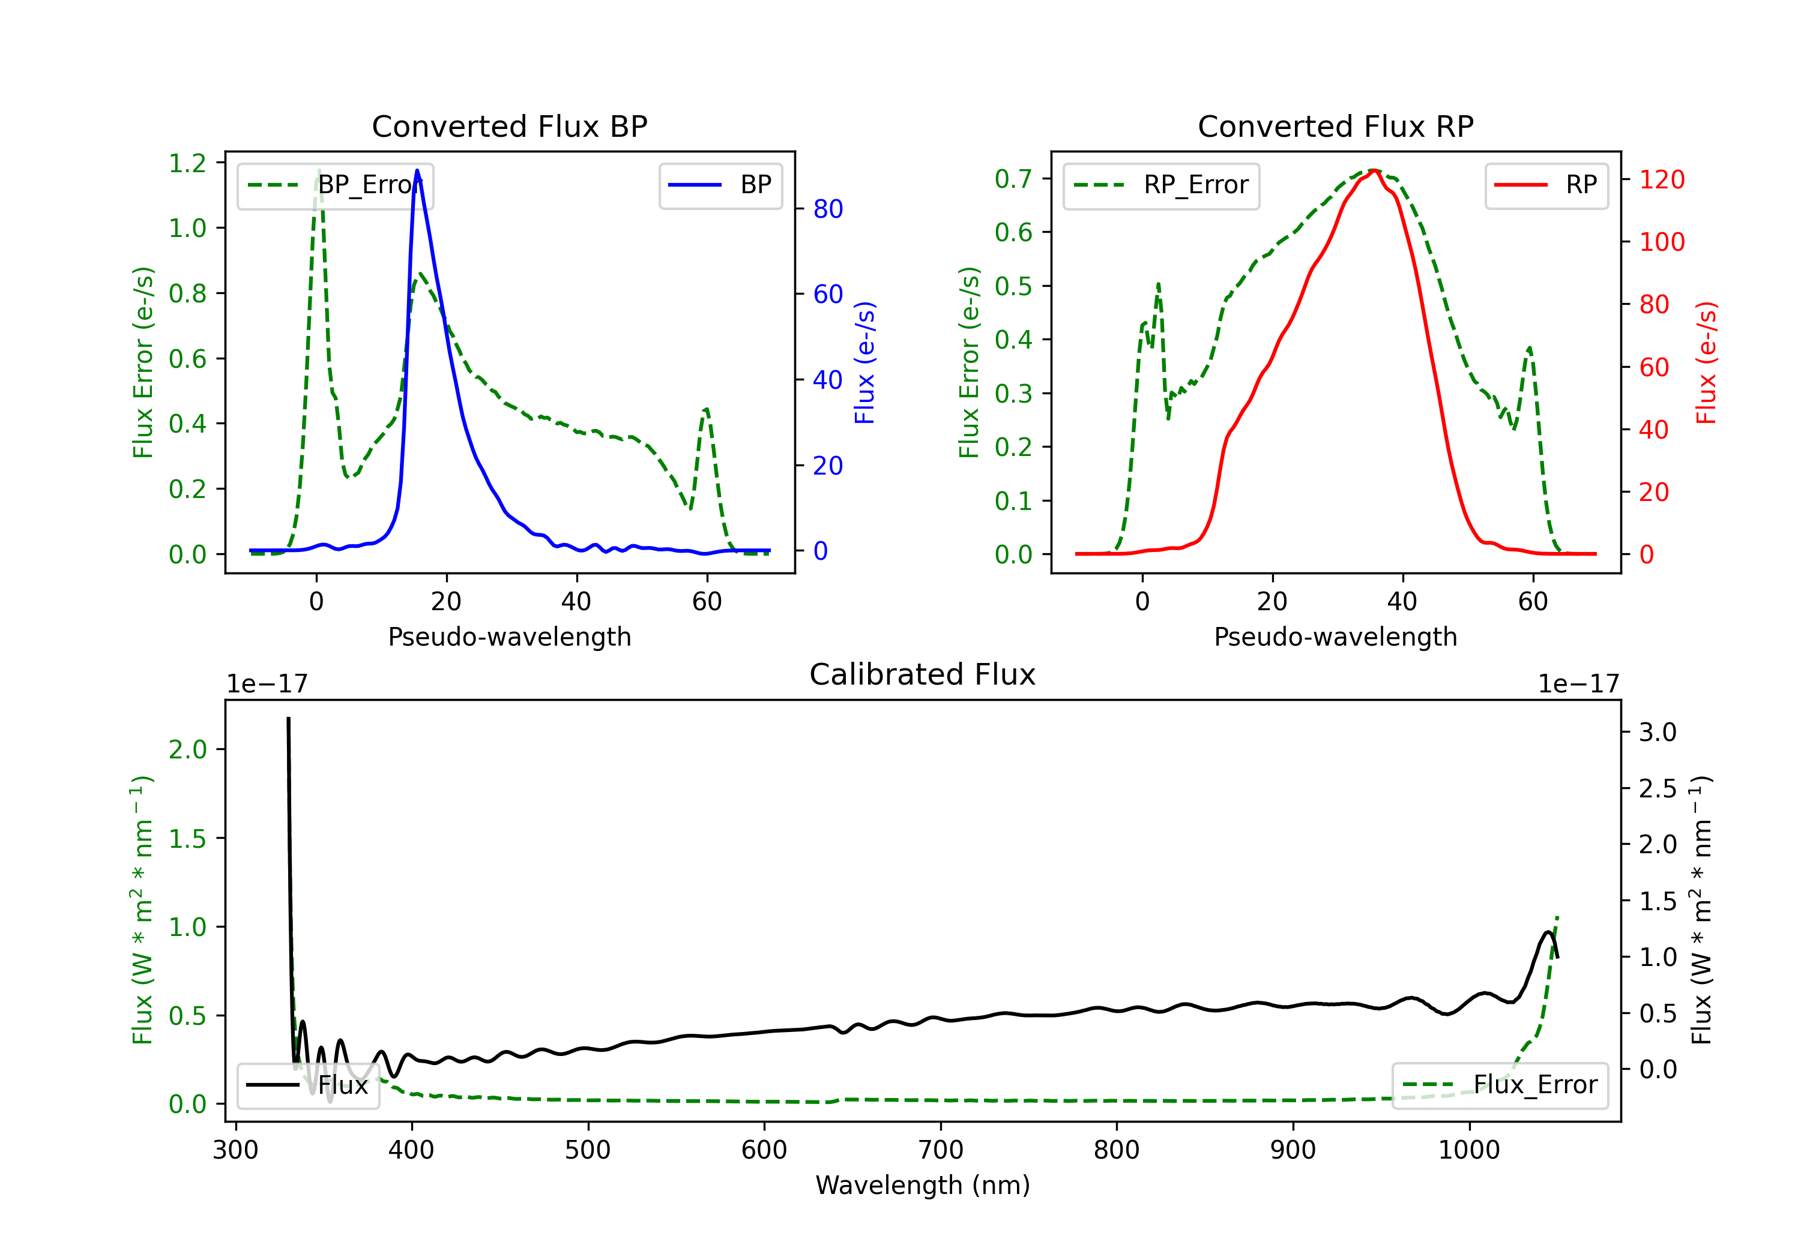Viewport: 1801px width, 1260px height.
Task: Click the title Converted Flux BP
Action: pos(509,126)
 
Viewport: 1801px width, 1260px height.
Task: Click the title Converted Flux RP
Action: pos(1335,126)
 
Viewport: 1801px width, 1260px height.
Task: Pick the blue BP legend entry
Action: pos(720,185)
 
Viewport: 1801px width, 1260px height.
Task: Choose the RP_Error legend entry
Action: pos(1161,185)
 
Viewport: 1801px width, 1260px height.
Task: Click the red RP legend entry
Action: pos(1546,185)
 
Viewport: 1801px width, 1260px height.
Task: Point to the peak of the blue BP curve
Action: pos(417,171)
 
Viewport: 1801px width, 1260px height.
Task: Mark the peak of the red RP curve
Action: pos(1374,170)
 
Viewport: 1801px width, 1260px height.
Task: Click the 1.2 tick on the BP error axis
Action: pos(187,163)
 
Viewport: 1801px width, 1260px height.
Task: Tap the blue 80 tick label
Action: pos(827,209)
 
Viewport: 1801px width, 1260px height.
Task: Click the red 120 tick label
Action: pos(1661,179)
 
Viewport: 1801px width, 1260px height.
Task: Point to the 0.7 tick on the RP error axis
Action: pos(1013,179)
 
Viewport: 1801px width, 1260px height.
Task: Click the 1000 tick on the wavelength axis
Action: pos(1468,1150)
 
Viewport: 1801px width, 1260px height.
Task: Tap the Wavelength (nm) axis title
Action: pos(923,1185)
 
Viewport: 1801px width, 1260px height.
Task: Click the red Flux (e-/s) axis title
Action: pos(1706,362)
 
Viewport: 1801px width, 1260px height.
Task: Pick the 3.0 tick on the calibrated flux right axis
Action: pos(1657,733)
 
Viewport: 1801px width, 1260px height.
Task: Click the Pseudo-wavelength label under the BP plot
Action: pos(509,637)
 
